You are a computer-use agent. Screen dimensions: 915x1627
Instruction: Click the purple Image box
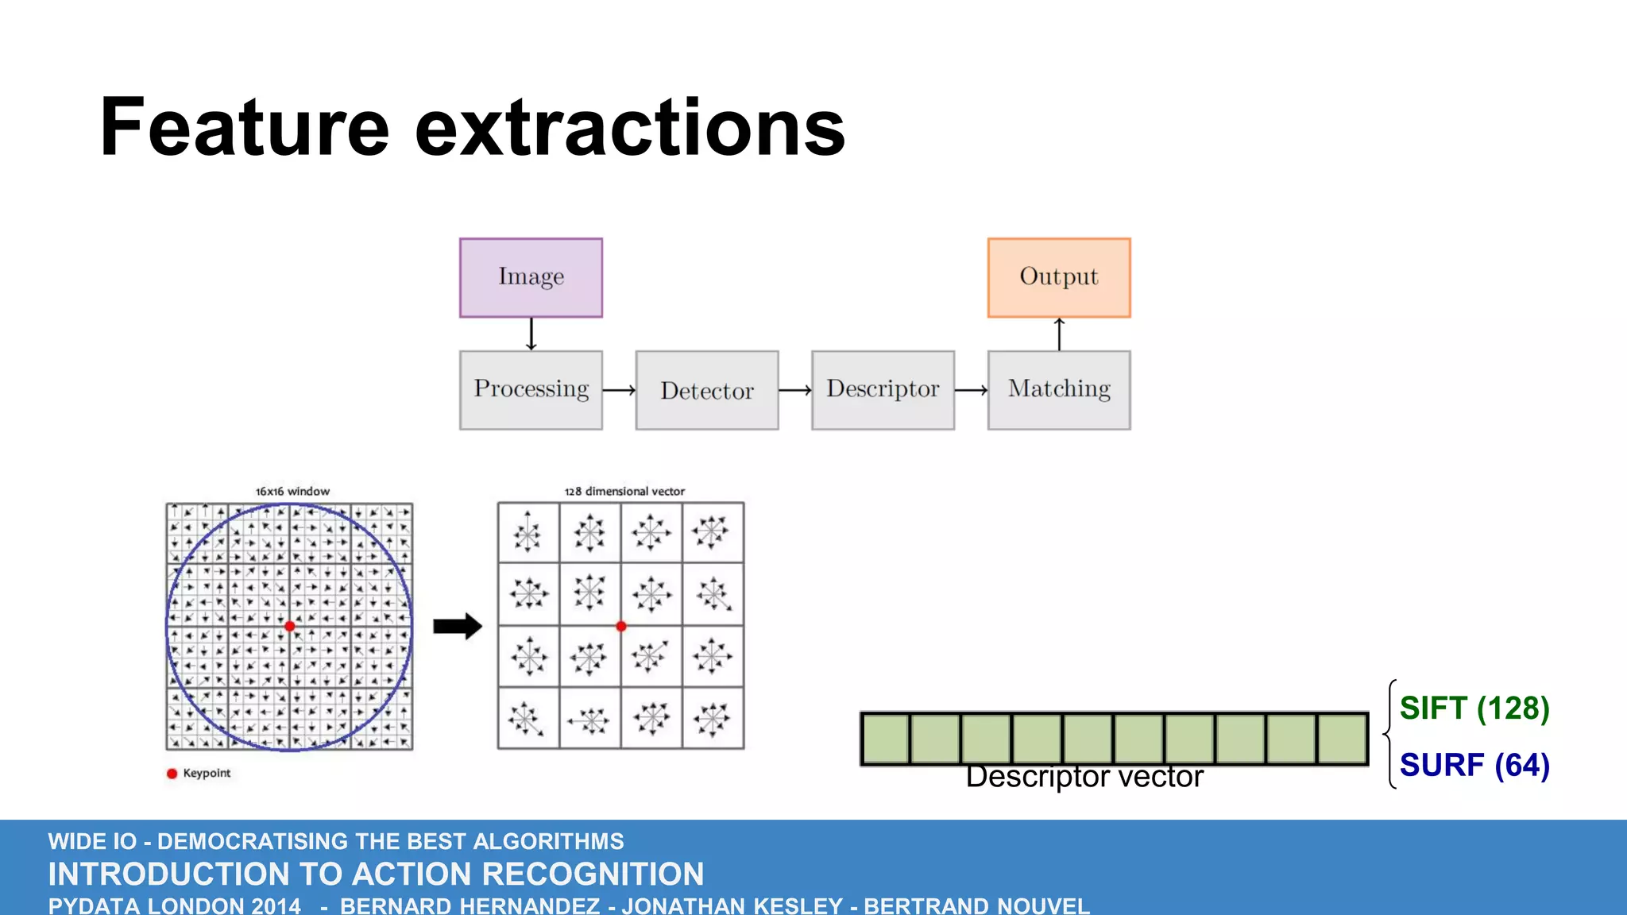[531, 277]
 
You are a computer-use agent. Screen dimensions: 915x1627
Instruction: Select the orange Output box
[1059, 277]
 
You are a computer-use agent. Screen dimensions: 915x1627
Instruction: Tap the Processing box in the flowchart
[531, 390]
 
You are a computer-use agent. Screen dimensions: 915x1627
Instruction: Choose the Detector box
[707, 390]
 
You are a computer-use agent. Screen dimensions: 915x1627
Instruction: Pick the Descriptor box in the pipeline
[883, 390]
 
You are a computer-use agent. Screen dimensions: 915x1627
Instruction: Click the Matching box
[1059, 390]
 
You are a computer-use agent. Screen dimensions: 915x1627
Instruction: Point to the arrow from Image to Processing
[531, 334]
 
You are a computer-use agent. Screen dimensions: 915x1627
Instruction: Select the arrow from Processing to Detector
[619, 390]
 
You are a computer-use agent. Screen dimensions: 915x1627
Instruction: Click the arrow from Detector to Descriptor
[795, 390]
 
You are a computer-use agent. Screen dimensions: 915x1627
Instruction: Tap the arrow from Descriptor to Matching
[971, 390]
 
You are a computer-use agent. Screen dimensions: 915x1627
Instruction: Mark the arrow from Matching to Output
[1059, 334]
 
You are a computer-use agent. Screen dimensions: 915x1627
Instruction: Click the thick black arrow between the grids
[458, 626]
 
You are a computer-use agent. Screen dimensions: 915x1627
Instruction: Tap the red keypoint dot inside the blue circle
[290, 626]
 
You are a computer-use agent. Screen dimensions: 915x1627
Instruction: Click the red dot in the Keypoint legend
[172, 774]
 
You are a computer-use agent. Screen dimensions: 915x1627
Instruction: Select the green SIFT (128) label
[1474, 708]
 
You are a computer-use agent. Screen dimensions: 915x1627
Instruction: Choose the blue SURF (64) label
[1474, 765]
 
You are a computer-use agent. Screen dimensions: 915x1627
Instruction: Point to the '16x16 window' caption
[292, 492]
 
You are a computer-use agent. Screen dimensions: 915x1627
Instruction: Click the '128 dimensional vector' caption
[624, 492]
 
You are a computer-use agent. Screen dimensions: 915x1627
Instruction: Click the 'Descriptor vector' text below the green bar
[1084, 777]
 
